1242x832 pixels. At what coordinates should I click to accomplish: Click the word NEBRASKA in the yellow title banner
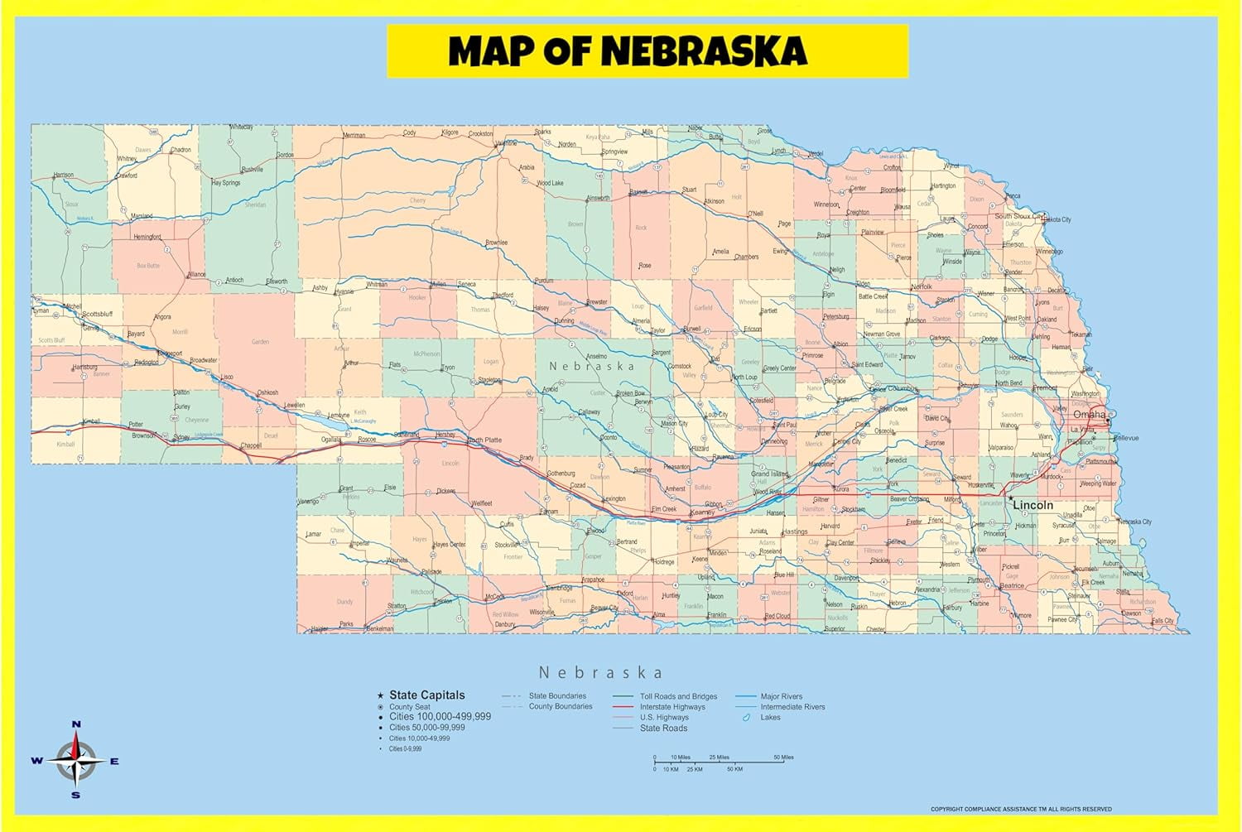tap(703, 51)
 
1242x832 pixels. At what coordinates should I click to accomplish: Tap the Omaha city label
tap(1089, 414)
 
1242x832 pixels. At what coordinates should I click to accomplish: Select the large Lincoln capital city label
tap(1033, 505)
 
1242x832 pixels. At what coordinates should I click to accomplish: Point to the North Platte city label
tap(484, 440)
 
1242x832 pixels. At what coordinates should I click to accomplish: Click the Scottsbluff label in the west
tap(97, 315)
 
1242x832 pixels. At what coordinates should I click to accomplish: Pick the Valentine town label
tap(505, 143)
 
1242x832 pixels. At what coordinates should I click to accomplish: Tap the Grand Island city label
tap(769, 474)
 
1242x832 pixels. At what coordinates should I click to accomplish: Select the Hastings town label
tap(795, 531)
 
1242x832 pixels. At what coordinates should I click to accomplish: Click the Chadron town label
tap(181, 151)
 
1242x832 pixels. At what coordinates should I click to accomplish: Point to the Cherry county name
tap(417, 200)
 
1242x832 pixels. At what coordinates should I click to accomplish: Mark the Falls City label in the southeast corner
tap(1163, 621)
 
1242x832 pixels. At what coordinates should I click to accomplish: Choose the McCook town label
tap(494, 597)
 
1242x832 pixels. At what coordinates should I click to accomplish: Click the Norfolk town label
tap(921, 286)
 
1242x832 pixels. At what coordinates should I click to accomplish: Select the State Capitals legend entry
tap(426, 695)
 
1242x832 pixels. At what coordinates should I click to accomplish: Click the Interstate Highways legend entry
tap(672, 707)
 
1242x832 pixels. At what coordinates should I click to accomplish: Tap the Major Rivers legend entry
tap(781, 696)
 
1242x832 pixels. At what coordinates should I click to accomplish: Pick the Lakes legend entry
tap(770, 718)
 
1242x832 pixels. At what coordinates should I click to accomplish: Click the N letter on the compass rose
tap(76, 724)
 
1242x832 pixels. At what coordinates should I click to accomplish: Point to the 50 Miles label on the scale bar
tap(783, 757)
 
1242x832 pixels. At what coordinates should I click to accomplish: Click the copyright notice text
tap(1020, 809)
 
